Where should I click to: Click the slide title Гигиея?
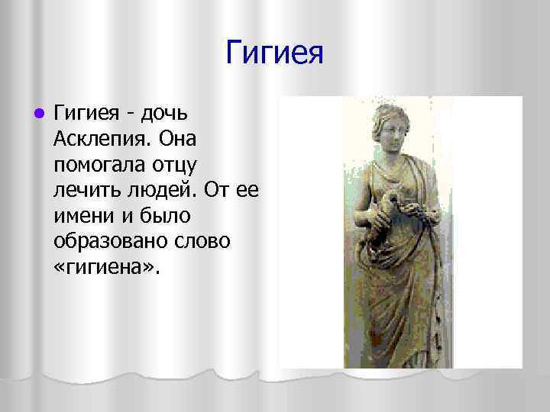click(275, 53)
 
